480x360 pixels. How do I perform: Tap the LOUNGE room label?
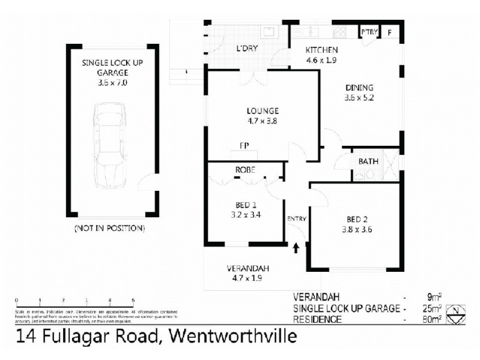pos(262,110)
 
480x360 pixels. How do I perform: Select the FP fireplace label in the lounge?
pos(244,146)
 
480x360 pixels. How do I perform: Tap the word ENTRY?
pos(296,218)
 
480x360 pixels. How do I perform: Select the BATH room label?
pos(368,161)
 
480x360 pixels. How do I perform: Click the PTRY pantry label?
pos(367,32)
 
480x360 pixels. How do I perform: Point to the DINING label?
pos(359,88)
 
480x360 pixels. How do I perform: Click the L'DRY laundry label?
pos(247,49)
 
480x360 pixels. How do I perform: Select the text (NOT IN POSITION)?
pos(109,229)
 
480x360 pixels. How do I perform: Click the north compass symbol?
pos(458,313)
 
